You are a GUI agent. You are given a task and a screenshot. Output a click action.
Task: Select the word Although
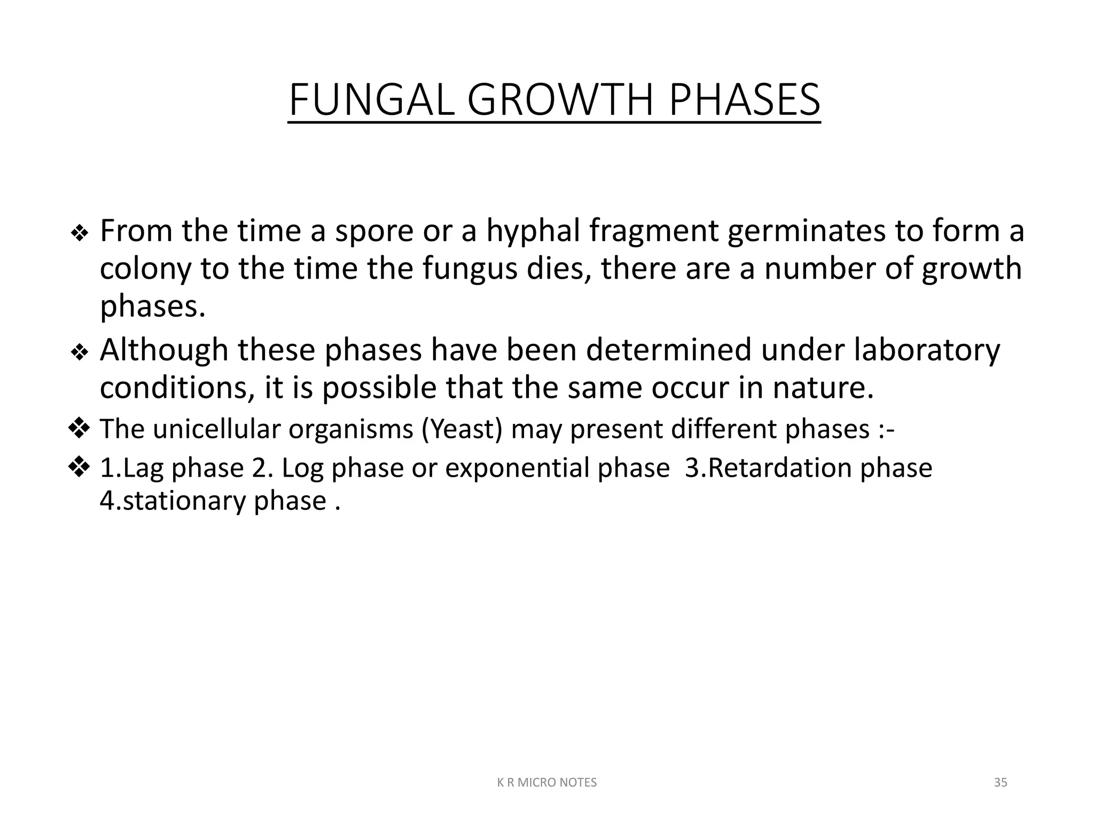[x=164, y=350]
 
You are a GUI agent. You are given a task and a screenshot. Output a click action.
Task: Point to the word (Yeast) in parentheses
[x=462, y=429]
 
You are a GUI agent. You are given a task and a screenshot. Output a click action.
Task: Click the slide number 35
[x=1001, y=783]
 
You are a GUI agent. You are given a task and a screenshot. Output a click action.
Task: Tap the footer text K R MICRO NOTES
[x=547, y=783]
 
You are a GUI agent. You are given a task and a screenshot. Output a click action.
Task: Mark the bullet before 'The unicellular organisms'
[x=79, y=428]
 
